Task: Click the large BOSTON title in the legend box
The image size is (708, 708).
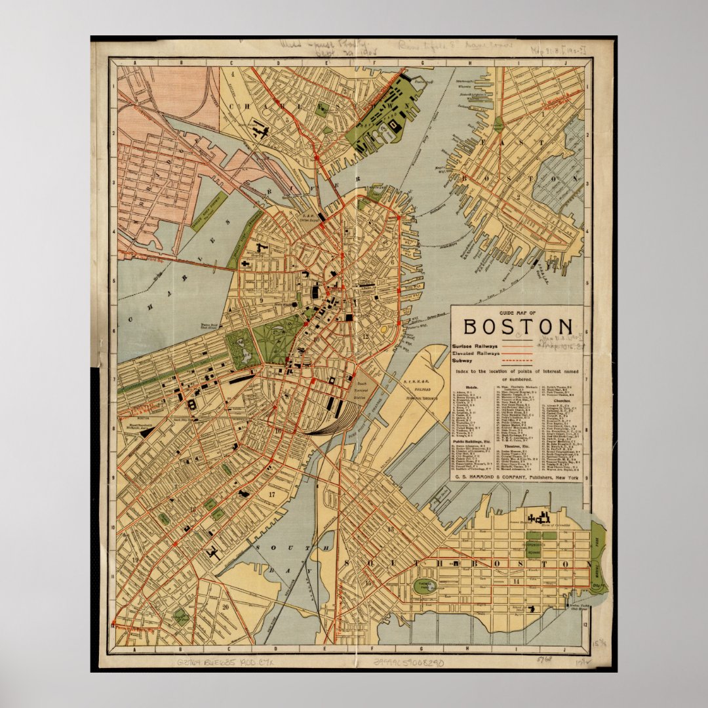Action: [x=517, y=327]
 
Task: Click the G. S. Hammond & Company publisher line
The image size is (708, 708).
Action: [x=517, y=479]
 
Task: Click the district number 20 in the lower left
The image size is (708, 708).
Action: [x=226, y=606]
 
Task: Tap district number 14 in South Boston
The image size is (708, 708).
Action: [x=517, y=581]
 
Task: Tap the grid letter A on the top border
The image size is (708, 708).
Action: [x=136, y=63]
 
